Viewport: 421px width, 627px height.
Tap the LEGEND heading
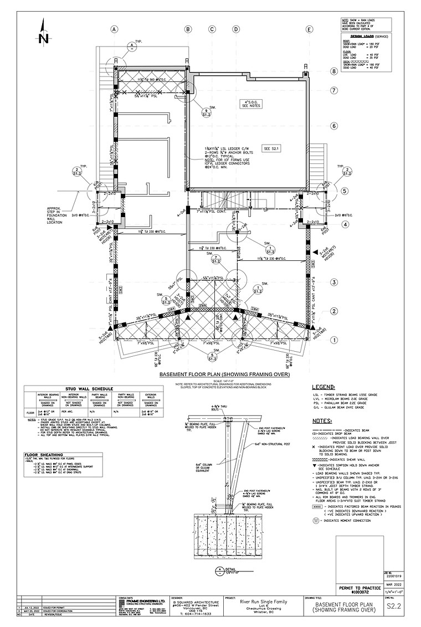point(324,387)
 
